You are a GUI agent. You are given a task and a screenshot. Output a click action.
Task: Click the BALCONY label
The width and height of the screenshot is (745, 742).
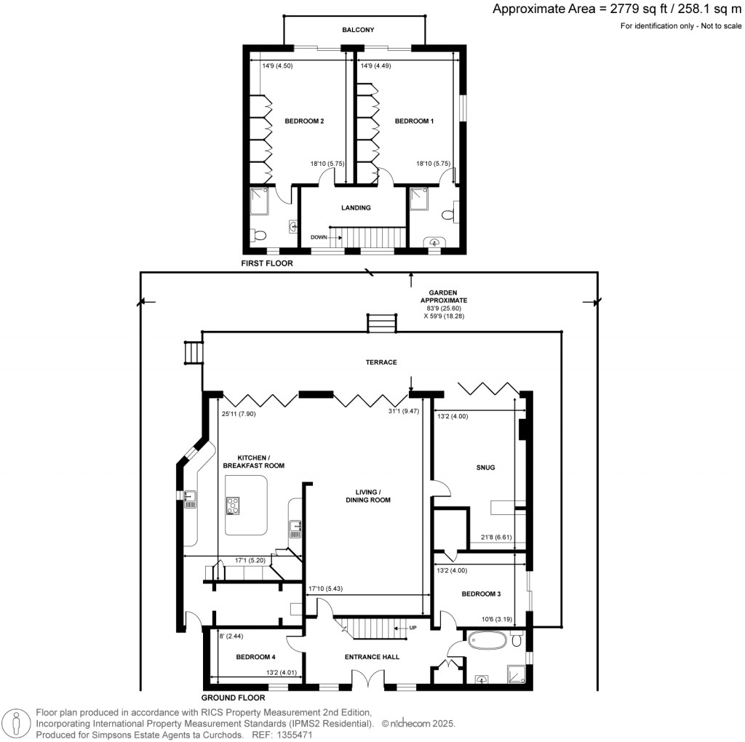tap(358, 30)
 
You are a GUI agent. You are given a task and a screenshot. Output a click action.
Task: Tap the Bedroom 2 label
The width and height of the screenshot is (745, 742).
tap(304, 121)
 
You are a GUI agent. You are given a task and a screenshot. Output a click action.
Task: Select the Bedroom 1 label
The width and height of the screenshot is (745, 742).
tap(414, 121)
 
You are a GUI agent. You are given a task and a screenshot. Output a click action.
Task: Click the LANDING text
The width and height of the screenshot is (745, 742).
tap(356, 207)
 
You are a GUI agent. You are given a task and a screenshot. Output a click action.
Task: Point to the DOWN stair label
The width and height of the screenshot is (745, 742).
tap(319, 237)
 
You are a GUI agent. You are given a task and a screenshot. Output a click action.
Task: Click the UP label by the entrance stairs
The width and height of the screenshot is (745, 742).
tap(413, 628)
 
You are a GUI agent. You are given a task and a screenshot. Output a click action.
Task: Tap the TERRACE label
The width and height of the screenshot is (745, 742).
tap(381, 362)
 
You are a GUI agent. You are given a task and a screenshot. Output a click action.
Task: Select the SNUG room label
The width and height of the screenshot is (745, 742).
tap(485, 468)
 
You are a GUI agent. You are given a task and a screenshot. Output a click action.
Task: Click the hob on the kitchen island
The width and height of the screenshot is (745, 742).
tap(233, 506)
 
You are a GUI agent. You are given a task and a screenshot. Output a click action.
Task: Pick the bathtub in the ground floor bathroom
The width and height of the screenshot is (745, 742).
tap(487, 640)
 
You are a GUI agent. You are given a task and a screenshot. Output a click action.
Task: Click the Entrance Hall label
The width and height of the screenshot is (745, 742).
tap(372, 657)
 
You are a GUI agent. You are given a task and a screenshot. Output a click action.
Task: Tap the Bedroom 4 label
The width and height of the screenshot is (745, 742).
tap(255, 657)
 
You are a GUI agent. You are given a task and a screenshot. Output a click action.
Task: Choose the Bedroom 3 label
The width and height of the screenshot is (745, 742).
tap(482, 594)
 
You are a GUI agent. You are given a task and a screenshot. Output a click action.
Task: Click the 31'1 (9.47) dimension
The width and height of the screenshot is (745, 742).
tap(404, 412)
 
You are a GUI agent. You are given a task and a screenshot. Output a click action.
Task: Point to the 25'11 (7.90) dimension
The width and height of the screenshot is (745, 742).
tap(239, 414)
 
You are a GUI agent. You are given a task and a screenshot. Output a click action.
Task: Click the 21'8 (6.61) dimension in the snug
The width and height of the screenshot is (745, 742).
tap(496, 538)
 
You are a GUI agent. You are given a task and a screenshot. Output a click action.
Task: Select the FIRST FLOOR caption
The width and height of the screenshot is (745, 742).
tap(267, 263)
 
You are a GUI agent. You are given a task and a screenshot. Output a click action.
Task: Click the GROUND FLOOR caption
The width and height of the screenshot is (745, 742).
tap(233, 698)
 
